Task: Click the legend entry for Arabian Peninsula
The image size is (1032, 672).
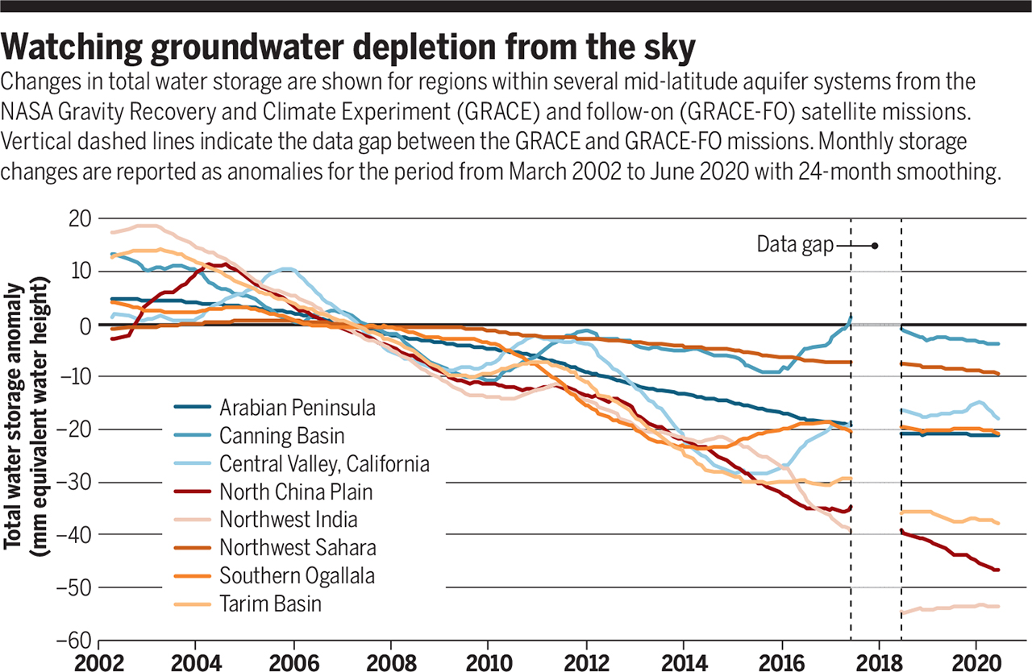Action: tap(298, 408)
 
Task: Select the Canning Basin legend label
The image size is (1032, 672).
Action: tap(282, 436)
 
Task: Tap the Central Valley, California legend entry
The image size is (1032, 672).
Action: tap(324, 464)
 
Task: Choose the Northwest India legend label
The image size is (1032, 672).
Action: tap(289, 520)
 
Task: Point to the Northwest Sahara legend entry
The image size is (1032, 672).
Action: tap(298, 548)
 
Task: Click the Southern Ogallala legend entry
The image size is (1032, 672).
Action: tap(297, 575)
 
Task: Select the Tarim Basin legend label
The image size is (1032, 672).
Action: tap(270, 604)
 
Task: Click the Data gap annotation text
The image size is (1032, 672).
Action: tap(794, 245)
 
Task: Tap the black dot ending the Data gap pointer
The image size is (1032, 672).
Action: tap(875, 245)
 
